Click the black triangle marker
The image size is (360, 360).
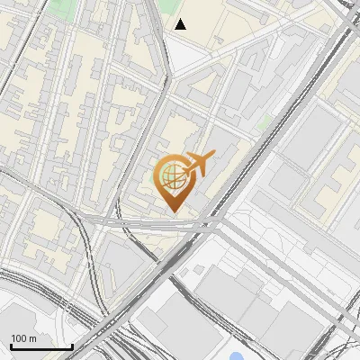pos(181,24)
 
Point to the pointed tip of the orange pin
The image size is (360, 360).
pos(172,211)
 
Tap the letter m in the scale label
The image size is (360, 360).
pos(32,339)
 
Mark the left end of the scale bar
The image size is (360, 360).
pos(11,346)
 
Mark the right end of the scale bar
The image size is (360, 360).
pos(72,346)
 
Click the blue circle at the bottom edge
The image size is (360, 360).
pos(236,356)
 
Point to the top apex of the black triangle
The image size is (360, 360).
pos(181,19)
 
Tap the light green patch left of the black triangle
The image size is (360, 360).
pos(162,9)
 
